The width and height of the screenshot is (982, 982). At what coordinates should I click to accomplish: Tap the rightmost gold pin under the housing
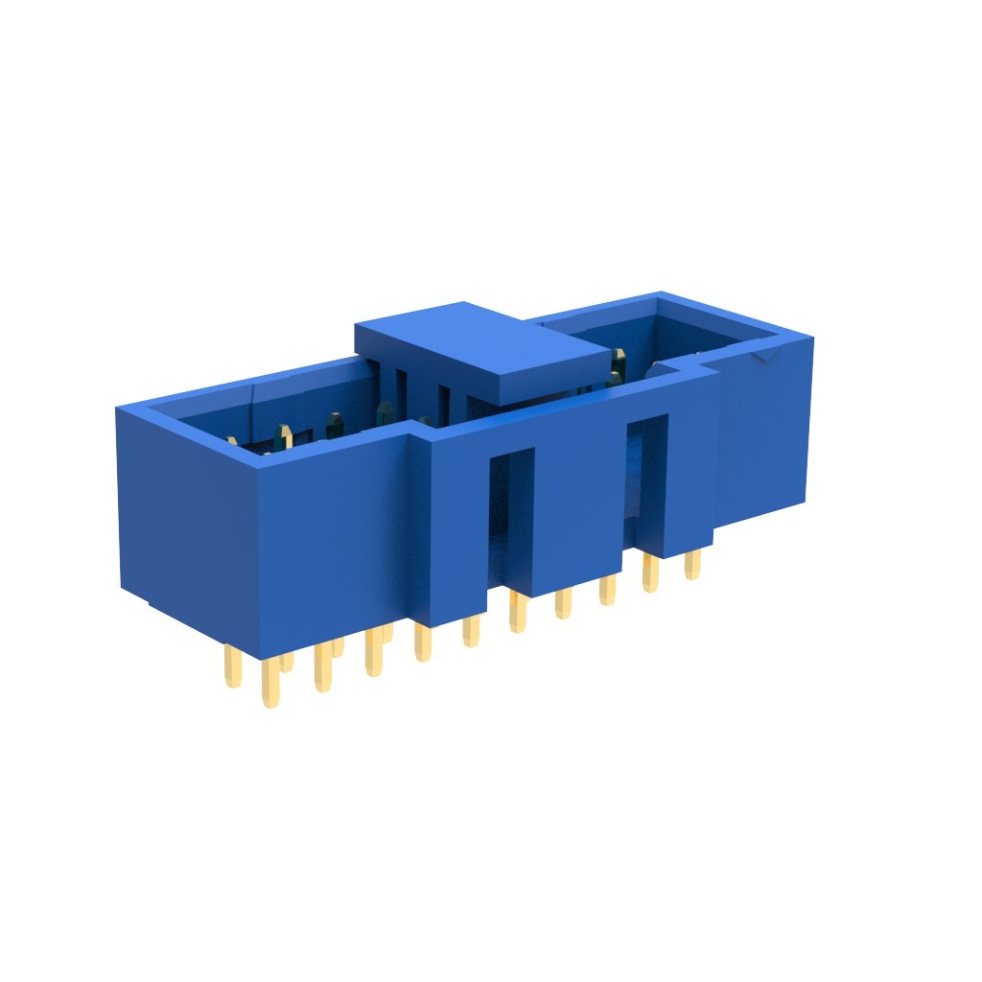click(x=691, y=565)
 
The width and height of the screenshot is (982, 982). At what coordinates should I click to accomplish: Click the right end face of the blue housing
click(x=762, y=432)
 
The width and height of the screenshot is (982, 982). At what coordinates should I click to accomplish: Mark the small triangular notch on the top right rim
click(x=766, y=358)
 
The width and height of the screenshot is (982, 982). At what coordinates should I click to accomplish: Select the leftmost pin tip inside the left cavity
click(x=231, y=441)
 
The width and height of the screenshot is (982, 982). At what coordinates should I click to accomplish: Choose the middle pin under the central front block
click(x=563, y=603)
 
